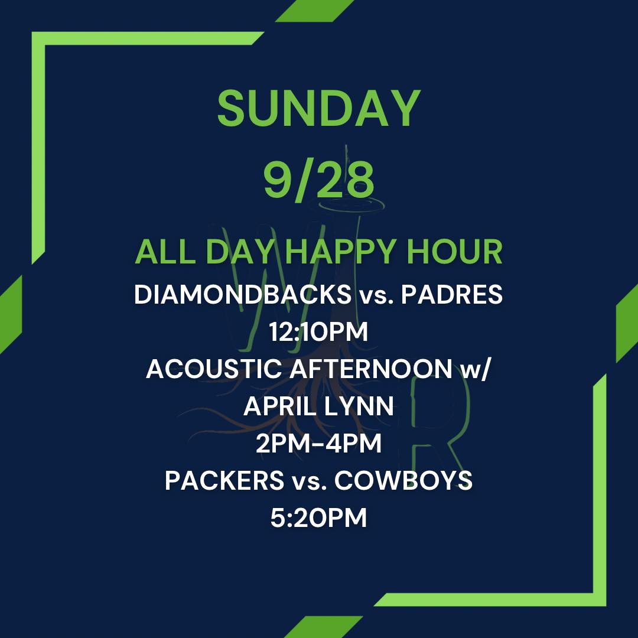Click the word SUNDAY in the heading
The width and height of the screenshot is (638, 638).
(x=318, y=109)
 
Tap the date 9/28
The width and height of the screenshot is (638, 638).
(x=318, y=179)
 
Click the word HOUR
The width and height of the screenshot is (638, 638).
(x=455, y=252)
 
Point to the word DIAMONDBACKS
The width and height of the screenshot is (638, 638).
(x=243, y=294)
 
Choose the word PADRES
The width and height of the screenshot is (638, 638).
(x=452, y=294)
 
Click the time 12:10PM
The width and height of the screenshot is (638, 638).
(x=318, y=331)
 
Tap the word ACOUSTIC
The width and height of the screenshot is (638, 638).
(x=214, y=369)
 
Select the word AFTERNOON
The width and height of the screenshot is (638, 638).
(x=370, y=369)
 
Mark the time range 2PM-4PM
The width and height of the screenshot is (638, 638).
(x=318, y=443)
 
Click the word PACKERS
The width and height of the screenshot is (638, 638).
(x=224, y=480)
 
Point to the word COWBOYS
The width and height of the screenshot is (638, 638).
(x=403, y=480)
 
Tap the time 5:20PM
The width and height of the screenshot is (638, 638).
(x=318, y=517)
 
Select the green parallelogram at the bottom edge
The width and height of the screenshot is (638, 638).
(x=324, y=627)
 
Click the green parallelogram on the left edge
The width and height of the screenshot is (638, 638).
(x=11, y=314)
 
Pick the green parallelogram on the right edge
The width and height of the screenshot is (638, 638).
(x=627, y=323)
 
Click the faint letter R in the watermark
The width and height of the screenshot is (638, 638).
(x=440, y=423)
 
